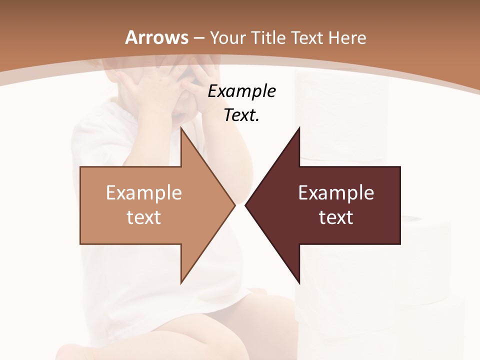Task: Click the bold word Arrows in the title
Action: click(157, 37)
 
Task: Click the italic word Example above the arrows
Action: click(241, 91)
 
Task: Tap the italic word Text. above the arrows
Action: click(241, 115)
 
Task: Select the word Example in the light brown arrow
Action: click(144, 192)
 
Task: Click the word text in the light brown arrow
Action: click(144, 217)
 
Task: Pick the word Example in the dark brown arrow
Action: click(336, 192)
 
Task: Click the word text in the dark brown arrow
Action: click(336, 217)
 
